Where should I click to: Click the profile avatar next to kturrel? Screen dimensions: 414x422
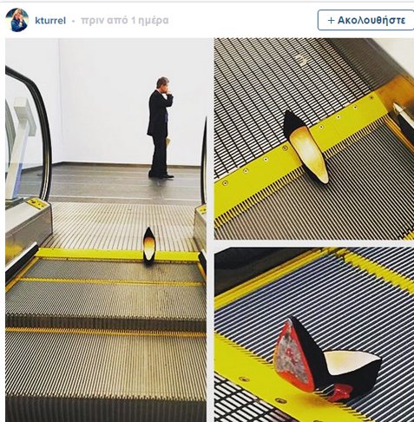point(16,20)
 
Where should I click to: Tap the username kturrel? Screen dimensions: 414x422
point(50,21)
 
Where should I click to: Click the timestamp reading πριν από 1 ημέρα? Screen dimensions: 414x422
point(125,21)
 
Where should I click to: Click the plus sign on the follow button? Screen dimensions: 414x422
point(332,20)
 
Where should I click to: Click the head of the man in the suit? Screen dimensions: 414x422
point(162,83)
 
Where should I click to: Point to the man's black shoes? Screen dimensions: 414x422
point(161,175)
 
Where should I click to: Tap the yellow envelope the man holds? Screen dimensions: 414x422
point(168,143)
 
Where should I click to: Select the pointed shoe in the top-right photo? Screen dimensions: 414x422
point(306,147)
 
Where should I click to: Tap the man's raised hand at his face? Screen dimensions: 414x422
point(169,92)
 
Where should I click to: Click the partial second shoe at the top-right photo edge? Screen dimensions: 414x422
point(404,122)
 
